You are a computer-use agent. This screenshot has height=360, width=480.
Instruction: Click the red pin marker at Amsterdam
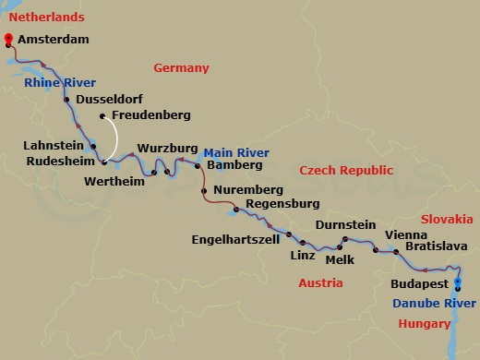tap(8, 39)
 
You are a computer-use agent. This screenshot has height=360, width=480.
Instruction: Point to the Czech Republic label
tap(346, 171)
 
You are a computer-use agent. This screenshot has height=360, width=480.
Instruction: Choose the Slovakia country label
tap(447, 219)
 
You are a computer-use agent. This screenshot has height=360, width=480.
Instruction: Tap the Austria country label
tap(320, 282)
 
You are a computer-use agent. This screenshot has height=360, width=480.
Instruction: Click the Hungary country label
tap(425, 323)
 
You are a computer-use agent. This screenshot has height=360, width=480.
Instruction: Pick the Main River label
tap(236, 151)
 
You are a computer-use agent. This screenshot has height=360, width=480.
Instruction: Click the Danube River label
tap(430, 303)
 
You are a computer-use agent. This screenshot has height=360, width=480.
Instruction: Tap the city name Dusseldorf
tap(110, 98)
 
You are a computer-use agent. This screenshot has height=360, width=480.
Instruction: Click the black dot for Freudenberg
tap(102, 116)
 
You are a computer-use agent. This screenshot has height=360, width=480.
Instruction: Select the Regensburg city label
tap(282, 203)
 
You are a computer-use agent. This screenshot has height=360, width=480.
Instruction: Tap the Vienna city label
tap(405, 234)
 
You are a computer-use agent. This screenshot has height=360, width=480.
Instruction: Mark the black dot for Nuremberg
tap(204, 191)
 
